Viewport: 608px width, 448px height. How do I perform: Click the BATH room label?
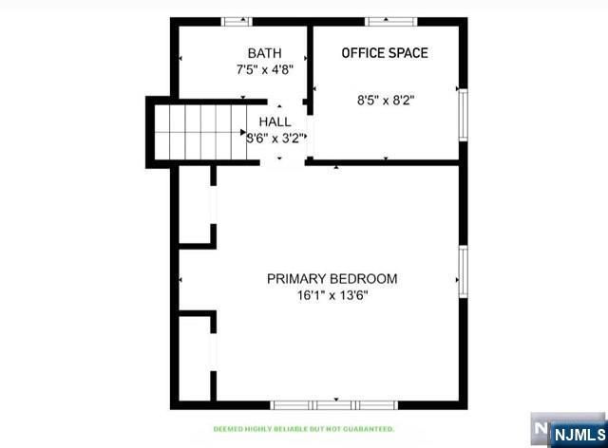tap(265, 52)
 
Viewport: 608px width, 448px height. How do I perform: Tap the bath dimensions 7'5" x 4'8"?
tap(265, 69)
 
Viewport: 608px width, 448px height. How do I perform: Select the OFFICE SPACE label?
tap(385, 52)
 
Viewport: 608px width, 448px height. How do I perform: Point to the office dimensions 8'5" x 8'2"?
tap(386, 98)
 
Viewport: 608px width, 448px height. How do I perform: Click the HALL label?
tap(275, 121)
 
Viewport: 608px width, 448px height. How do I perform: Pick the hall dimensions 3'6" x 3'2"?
tap(275, 138)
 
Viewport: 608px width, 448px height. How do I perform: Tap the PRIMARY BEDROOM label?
tap(332, 278)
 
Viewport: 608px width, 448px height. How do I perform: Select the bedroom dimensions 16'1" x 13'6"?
tap(332, 295)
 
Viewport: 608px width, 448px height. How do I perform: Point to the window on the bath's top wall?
tap(237, 21)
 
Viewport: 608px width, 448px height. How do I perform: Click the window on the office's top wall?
tap(386, 21)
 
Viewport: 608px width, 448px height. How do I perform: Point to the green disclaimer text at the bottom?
tap(304, 429)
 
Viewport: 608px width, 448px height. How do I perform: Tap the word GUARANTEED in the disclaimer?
tap(370, 429)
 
